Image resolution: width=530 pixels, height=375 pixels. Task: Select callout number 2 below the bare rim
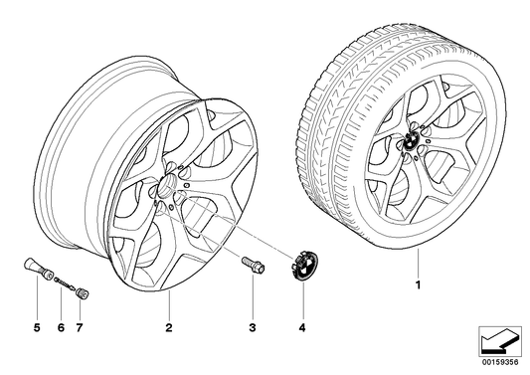pos(169,326)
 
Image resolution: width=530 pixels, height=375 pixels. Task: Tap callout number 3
pos(253,326)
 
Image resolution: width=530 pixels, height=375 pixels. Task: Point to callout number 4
pos(300,326)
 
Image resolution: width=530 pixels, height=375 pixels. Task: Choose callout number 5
pos(36,326)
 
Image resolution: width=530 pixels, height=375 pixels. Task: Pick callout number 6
pos(59,326)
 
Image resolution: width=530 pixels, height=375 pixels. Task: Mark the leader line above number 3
pos(253,298)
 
